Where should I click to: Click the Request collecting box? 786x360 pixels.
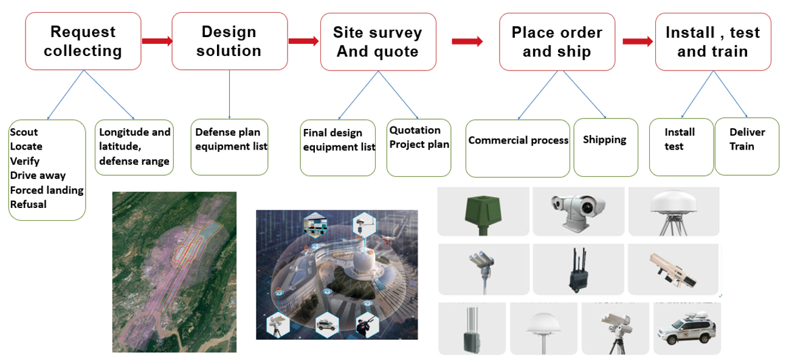(83, 41)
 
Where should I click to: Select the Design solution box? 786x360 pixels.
(230, 41)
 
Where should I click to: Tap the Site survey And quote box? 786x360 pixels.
(378, 42)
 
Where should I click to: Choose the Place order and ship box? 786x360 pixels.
(557, 42)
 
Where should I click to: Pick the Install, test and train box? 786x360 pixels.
(713, 42)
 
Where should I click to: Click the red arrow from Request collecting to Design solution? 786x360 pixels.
(157, 41)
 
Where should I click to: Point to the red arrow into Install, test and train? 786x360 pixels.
(638, 41)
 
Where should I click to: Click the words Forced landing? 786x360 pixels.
(47, 190)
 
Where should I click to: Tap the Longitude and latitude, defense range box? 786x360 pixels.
(134, 147)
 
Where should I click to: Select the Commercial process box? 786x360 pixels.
(517, 148)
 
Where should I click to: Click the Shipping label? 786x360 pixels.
(605, 140)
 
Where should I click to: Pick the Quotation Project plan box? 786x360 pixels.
(419, 148)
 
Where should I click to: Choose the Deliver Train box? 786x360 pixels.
(746, 147)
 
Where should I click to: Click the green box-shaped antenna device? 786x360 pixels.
(483, 214)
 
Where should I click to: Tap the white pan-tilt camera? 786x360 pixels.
(578, 212)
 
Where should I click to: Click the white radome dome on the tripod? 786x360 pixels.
(674, 212)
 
